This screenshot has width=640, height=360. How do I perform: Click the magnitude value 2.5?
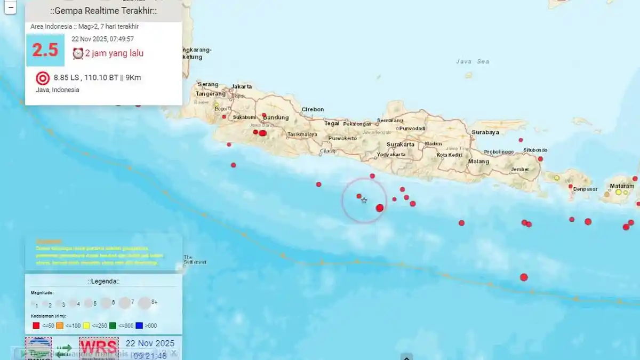[45, 50]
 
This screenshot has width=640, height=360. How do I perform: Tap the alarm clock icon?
[78, 53]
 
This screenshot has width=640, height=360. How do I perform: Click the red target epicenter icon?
[42, 78]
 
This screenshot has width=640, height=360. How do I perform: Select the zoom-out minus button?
[11, 8]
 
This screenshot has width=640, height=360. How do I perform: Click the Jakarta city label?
[242, 86]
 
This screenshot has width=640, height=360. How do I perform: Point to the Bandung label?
[276, 118]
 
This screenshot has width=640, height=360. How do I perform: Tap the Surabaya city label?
[485, 132]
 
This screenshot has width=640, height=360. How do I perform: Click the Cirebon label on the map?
[313, 109]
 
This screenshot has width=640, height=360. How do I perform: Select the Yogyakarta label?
[391, 155]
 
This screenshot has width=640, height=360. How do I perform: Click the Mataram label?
[622, 186]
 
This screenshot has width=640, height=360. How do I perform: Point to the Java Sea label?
[473, 61]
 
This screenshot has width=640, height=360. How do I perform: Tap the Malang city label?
[478, 162]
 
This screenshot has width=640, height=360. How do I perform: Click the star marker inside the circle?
[364, 201]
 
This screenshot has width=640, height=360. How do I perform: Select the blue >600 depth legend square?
[139, 325]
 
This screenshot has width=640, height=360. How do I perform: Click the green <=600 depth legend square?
[113, 325]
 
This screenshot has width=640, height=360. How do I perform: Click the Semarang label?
[390, 121]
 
